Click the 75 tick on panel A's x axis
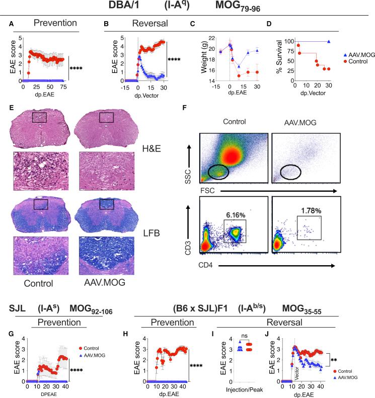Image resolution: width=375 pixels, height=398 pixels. pos(61,87)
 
